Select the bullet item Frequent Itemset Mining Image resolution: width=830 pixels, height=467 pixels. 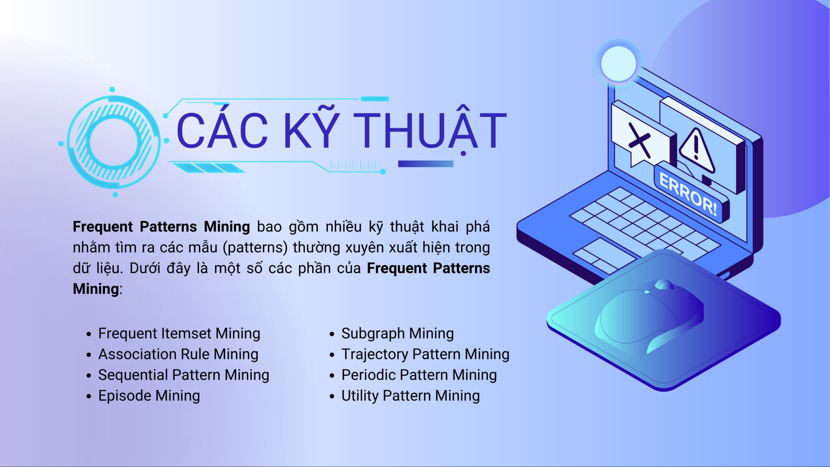coord(179,334)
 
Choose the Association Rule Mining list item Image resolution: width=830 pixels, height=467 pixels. coord(178,354)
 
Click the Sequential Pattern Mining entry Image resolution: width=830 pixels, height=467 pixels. coord(184,375)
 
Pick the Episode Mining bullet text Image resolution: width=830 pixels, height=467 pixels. coord(149,396)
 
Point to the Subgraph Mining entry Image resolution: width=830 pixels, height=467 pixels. coord(398,334)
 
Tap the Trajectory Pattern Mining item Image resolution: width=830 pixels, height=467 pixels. coord(425,354)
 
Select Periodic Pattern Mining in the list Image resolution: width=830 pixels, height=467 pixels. coord(419,375)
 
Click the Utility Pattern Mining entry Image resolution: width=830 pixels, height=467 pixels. coord(411,396)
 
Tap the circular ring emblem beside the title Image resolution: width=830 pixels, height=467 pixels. coord(114,142)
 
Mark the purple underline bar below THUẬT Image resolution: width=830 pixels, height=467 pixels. coord(426,164)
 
